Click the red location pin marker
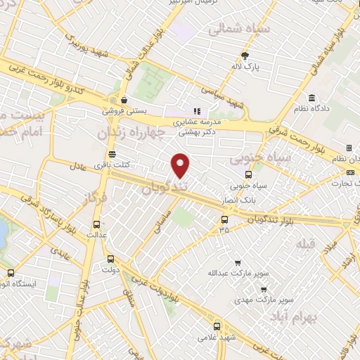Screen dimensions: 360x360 coord(181,165)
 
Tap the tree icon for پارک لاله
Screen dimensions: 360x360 coord(245,56)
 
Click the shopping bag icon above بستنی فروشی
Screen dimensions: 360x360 coord(124,100)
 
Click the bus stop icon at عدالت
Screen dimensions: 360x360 coord(96,226)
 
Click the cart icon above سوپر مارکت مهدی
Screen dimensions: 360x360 coord(264,289)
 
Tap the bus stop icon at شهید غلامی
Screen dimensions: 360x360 coord(217,326)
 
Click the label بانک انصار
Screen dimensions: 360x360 coord(247,199)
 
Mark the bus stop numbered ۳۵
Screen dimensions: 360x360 coord(224,219)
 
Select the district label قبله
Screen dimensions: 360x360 coord(308,246)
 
